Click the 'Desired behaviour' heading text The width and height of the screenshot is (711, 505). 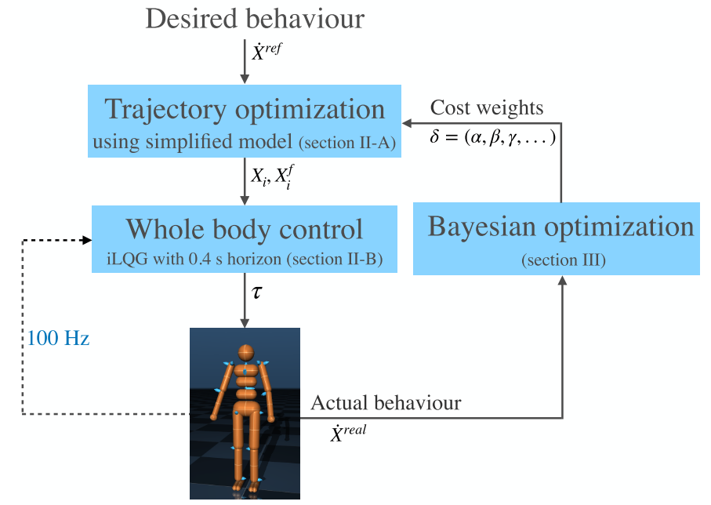[255, 19]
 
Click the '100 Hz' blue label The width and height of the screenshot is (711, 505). [59, 340]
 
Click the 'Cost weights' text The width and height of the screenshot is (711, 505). [487, 107]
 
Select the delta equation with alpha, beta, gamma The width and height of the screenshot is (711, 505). [493, 138]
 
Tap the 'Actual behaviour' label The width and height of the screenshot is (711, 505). [386, 403]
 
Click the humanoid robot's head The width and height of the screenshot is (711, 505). [245, 352]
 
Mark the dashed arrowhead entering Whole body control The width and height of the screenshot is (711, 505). [86, 240]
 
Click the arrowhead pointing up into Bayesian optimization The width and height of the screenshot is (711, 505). [561, 282]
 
